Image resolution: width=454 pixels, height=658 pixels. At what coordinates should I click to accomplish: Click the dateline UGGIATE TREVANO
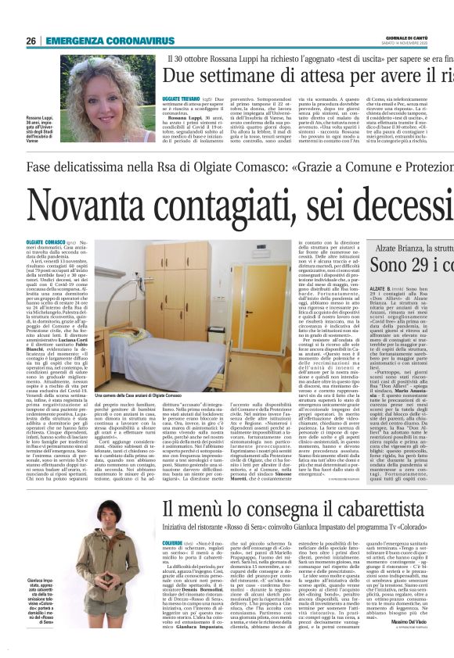[x=182, y=101]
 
